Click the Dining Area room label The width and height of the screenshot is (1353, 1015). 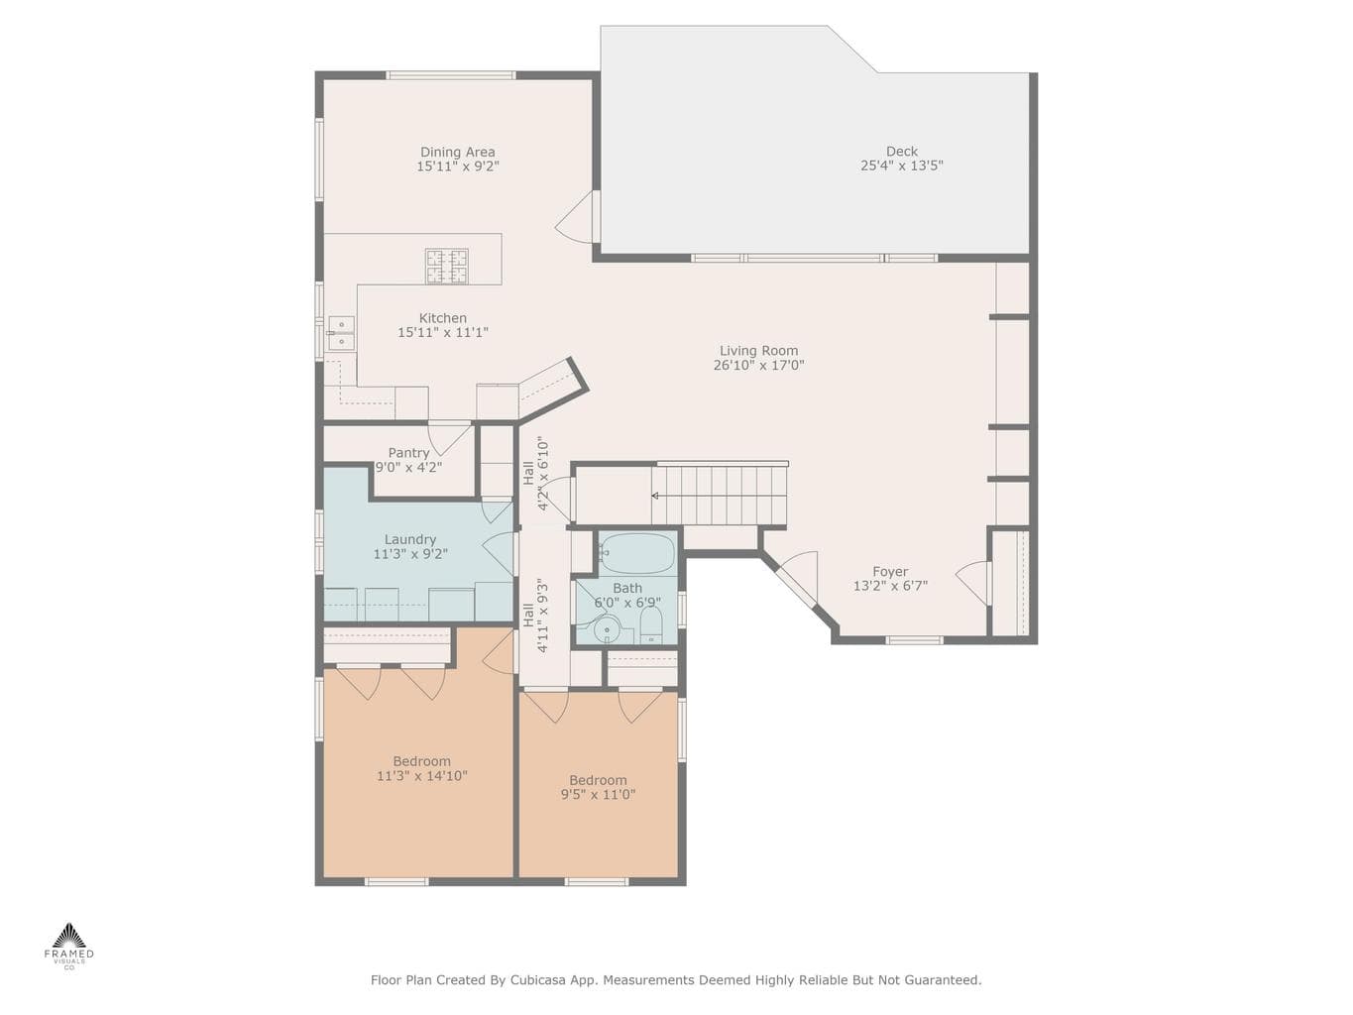point(457,152)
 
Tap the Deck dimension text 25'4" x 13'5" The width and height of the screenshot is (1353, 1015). point(902,166)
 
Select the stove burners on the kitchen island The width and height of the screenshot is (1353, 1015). point(447,267)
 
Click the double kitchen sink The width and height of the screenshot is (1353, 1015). point(341,333)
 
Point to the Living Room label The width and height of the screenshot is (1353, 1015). point(759,351)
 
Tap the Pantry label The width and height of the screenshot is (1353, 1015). point(408,453)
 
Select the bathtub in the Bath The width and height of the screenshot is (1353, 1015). point(637,553)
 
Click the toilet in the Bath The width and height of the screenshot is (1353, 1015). point(650,625)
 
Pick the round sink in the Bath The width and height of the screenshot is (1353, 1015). point(608,629)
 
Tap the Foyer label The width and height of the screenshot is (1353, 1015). point(890,571)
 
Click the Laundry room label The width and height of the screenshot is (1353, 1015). point(410,540)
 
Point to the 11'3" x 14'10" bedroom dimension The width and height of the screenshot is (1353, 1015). point(422,776)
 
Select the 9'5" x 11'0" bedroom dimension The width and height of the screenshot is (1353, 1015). point(598,794)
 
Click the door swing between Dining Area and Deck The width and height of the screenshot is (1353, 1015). point(575,217)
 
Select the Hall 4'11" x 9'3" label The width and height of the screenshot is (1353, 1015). point(535,615)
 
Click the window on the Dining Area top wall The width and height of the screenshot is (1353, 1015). point(451,75)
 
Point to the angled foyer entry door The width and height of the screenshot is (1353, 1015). point(795,578)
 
